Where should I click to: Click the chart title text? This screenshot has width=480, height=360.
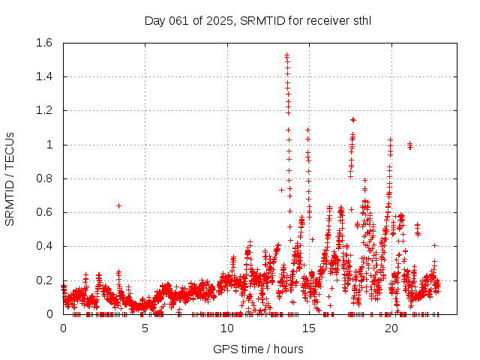pos(257,19)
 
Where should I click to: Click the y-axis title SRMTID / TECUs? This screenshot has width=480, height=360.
pos(10,178)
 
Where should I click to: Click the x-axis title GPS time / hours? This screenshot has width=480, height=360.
pos(257,349)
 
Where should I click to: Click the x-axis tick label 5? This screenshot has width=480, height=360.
pos(145,328)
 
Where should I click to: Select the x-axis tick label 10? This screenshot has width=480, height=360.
pos(226,328)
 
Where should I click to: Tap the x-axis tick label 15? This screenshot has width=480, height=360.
pos(309,328)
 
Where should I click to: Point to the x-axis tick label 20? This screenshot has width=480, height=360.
pos(391,328)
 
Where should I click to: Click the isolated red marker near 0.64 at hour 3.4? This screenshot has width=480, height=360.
pos(118,205)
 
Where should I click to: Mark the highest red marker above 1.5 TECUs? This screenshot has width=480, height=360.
pos(286,55)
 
